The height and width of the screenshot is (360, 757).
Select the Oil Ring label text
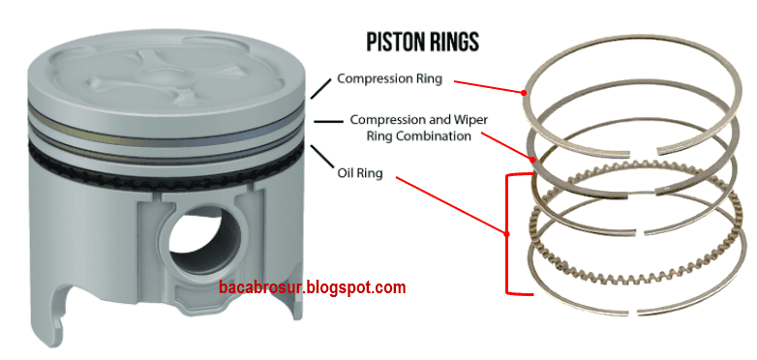(x=360, y=174)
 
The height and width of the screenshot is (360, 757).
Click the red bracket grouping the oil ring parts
(x=508, y=232)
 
